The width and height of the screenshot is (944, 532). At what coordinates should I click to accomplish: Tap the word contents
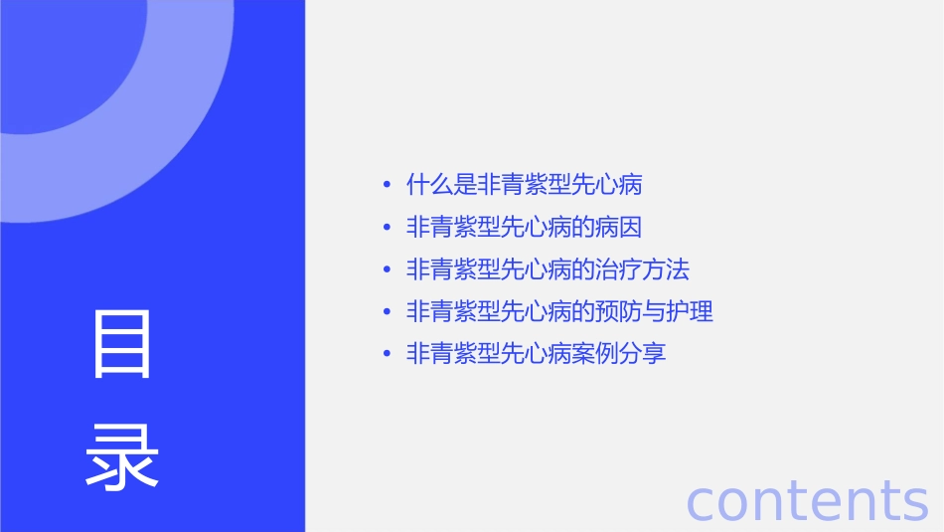807,500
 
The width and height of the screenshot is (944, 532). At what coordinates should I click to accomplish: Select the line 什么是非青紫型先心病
524,185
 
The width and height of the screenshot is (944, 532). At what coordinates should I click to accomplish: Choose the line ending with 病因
524,227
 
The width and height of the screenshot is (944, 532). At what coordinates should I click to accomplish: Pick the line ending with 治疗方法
548,269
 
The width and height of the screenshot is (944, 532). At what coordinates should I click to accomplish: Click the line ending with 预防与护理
559,311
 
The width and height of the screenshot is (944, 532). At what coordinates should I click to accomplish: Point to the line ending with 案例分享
536,353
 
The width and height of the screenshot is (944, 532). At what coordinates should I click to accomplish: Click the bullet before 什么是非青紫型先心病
387,185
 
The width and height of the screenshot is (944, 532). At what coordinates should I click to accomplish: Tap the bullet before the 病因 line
387,227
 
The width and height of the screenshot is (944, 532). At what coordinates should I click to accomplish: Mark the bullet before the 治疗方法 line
387,269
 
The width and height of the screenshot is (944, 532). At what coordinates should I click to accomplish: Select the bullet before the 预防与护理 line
387,311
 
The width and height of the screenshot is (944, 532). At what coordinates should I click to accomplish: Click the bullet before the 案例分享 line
387,353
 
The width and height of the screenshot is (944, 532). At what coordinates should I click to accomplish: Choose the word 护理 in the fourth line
691,311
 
